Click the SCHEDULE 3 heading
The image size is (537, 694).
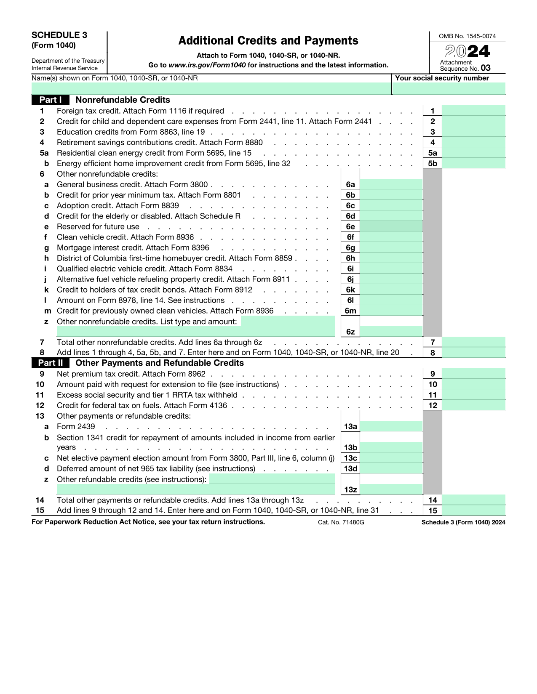click(x=59, y=35)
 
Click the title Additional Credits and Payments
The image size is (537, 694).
click(x=268, y=41)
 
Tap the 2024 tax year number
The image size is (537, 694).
click(x=467, y=51)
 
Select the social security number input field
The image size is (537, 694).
click(x=448, y=88)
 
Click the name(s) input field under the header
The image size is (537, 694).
click(x=211, y=88)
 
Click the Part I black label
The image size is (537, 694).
click(x=50, y=100)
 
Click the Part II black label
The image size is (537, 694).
click(x=50, y=363)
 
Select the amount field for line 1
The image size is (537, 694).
click(x=473, y=111)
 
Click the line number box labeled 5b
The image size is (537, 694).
click(x=433, y=163)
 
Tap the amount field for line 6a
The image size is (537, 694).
click(x=391, y=184)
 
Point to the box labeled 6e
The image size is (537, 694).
click(x=350, y=226)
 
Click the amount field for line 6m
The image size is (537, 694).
click(x=391, y=311)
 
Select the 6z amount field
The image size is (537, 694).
click(x=391, y=332)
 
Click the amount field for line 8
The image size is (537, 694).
click(x=473, y=353)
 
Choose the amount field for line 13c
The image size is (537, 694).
click(x=391, y=458)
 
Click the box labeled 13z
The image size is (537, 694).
click(x=350, y=489)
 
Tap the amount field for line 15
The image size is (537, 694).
click(x=473, y=511)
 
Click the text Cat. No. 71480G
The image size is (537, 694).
click(x=341, y=522)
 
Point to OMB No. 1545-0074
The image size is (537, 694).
click(x=467, y=36)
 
